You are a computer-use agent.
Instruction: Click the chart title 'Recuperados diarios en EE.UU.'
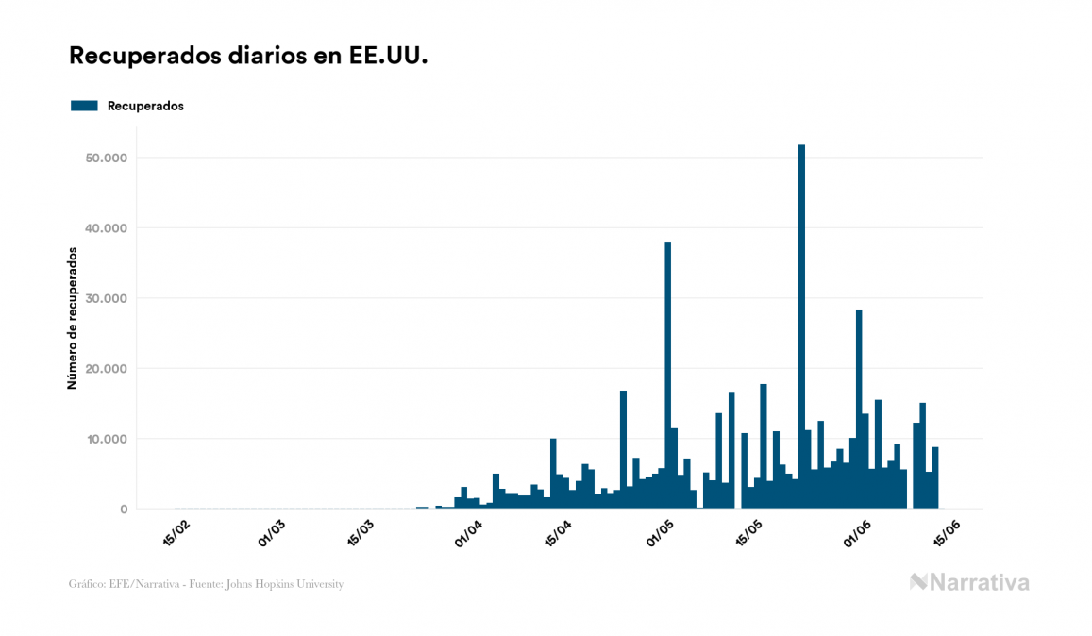tap(248, 56)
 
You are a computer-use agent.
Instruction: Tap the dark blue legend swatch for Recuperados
tap(84, 106)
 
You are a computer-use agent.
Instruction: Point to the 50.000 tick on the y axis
tap(106, 158)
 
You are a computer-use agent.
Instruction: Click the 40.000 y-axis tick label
tap(106, 228)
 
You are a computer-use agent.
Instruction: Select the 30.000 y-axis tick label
tap(106, 298)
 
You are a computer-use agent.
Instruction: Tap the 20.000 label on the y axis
tap(106, 369)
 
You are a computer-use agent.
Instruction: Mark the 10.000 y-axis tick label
tap(106, 439)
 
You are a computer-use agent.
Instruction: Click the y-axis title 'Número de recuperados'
tap(72, 319)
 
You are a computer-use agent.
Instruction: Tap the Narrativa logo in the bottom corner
tap(969, 582)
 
